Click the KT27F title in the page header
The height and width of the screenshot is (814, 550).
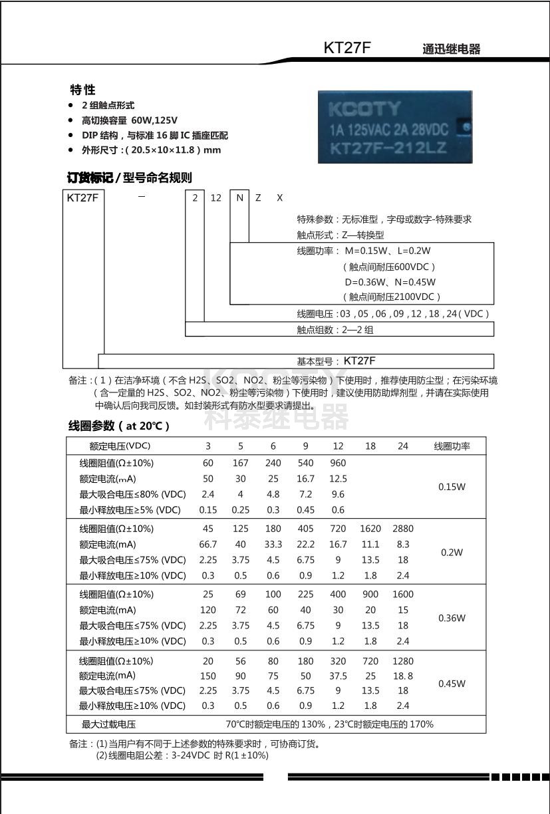(346, 48)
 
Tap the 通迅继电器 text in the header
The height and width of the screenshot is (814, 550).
(451, 49)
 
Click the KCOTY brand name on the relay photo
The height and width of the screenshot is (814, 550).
(364, 108)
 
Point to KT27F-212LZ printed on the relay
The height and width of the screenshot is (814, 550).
(390, 147)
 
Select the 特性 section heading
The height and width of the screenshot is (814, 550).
(83, 90)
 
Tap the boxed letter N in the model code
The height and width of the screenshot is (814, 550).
(239, 198)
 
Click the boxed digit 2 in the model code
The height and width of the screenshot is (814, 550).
(195, 198)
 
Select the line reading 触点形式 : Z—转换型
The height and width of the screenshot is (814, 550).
(341, 235)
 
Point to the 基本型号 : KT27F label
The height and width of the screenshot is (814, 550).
(337, 361)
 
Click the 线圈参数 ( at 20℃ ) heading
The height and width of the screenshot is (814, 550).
(119, 426)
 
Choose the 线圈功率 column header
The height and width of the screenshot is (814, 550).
(452, 446)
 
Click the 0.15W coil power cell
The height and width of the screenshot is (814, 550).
(452, 487)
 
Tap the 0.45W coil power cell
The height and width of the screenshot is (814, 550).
(452, 684)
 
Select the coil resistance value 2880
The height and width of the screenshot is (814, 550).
(402, 529)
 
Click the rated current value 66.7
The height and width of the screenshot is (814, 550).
(208, 544)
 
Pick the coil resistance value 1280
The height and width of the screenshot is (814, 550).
(402, 661)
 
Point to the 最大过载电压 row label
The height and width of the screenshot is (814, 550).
(108, 724)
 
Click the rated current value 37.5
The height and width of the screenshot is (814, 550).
(338, 676)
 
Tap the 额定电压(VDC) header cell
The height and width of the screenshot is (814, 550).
(120, 446)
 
